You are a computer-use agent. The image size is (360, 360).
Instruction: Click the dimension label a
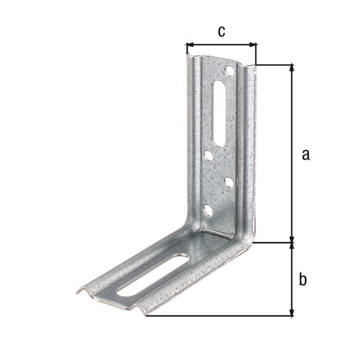pyautogui.click(x=305, y=155)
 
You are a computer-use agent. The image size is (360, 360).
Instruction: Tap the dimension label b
pyautogui.click(x=303, y=279)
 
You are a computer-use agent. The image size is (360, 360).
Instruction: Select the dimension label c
pyautogui.click(x=221, y=32)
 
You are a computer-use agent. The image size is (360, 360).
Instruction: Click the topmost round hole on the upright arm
pyautogui.click(x=229, y=71)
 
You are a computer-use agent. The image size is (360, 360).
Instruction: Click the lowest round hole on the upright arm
pyautogui.click(x=208, y=211)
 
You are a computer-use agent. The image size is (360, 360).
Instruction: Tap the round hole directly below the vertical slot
pyautogui.click(x=208, y=155)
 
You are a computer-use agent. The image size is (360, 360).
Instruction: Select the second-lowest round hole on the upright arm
pyautogui.click(x=229, y=181)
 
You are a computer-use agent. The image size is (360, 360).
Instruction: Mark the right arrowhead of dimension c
pyautogui.click(x=254, y=44)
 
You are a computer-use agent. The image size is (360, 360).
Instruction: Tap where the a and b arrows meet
pyautogui.click(x=292, y=243)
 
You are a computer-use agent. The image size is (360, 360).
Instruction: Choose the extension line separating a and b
pyautogui.click(x=273, y=243)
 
